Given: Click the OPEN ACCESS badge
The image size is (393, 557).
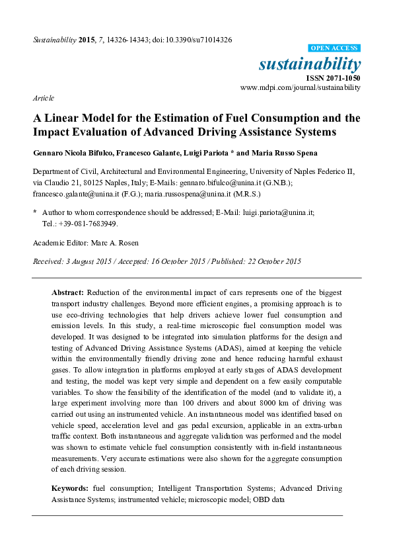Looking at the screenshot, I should (x=334, y=49).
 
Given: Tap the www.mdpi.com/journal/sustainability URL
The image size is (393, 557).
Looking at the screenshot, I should (x=301, y=87).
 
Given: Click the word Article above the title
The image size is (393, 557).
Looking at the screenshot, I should (x=43, y=98).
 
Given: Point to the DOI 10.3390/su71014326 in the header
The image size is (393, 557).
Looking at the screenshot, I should (x=195, y=40).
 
